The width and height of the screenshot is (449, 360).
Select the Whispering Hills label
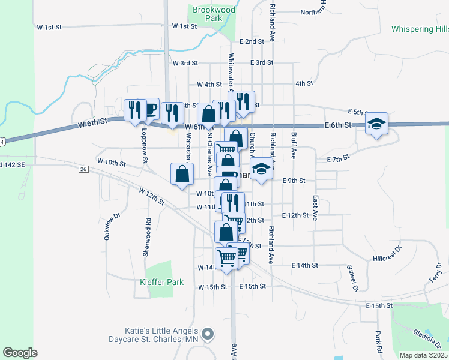[x=420, y=29]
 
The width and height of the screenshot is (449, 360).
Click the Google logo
[x=20, y=353]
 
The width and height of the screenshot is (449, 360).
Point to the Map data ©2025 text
[x=423, y=355]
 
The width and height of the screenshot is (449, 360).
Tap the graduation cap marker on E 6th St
[x=376, y=124]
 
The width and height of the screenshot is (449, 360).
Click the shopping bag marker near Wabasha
[x=182, y=175]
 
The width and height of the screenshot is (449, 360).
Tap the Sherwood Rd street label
[x=146, y=237]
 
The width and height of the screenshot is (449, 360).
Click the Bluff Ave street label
[x=294, y=145]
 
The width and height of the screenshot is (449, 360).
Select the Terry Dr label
[x=435, y=273]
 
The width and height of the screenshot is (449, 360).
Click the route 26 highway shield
[x=83, y=169]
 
